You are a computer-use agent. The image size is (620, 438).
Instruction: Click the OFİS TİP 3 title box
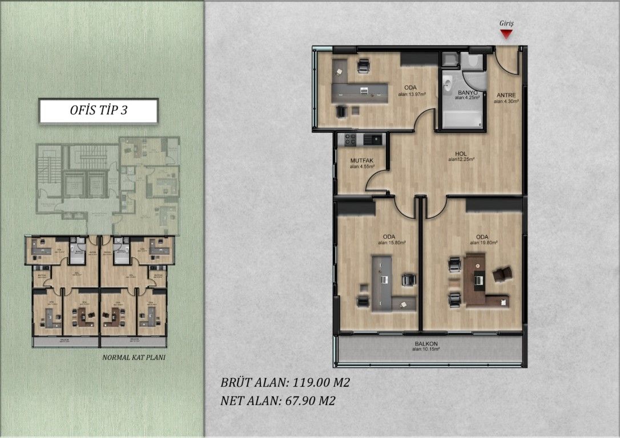98,111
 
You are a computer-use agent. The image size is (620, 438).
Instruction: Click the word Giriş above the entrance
507,23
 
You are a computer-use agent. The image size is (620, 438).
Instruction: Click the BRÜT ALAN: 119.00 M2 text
284,383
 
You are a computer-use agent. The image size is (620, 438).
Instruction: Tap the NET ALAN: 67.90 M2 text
277,400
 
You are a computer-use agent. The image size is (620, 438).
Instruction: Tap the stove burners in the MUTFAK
348,139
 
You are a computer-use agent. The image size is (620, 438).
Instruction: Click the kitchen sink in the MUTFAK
375,139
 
